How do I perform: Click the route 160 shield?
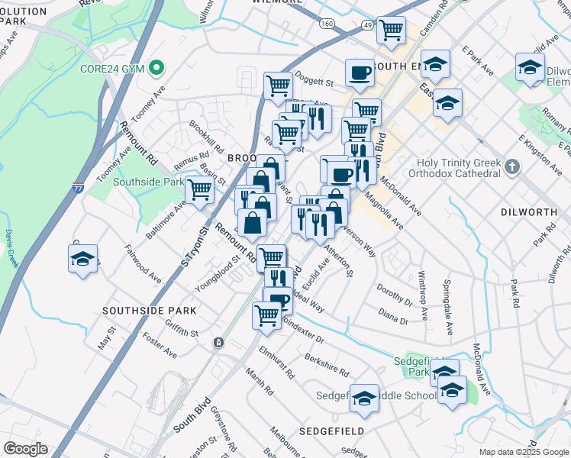[x=327, y=24]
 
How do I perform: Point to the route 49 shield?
[x=367, y=24]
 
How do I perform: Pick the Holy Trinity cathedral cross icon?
[x=511, y=166]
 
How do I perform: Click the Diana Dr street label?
[x=393, y=316]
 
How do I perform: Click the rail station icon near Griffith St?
[x=218, y=343]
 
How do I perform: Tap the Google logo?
[x=25, y=449]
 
